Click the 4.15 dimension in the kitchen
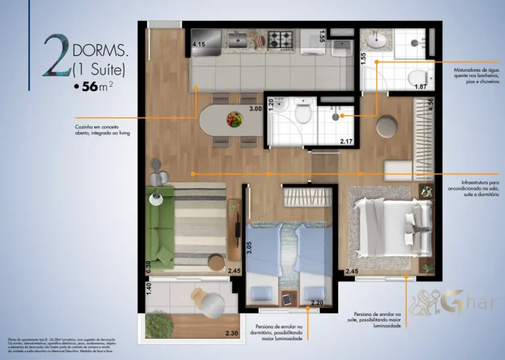coord(199,44)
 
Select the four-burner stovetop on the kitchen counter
coord(285,39)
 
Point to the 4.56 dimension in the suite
coord(430,105)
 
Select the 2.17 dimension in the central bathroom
coord(347,140)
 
